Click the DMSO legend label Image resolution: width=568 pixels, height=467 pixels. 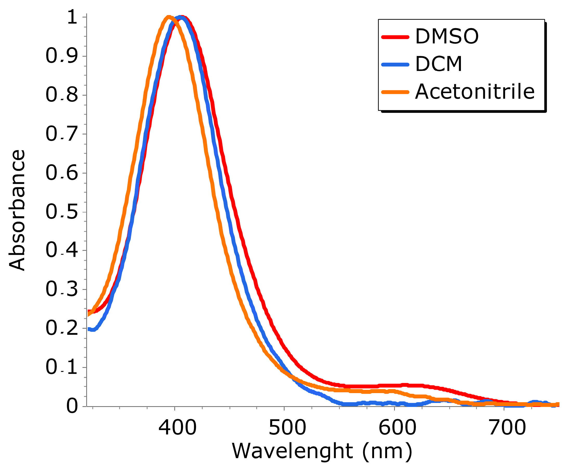point(447,37)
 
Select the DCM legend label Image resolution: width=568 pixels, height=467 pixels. point(439,64)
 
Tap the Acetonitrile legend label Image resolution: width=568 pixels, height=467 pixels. point(474,92)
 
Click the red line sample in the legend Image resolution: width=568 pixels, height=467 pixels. point(395,37)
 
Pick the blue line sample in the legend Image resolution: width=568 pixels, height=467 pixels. point(395,65)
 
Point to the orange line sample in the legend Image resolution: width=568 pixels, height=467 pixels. point(395,92)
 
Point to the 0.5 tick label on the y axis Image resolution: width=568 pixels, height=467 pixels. point(62,212)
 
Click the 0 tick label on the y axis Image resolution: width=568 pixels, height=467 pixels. point(72,406)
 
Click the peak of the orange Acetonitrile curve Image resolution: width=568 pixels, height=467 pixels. point(168,17)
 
